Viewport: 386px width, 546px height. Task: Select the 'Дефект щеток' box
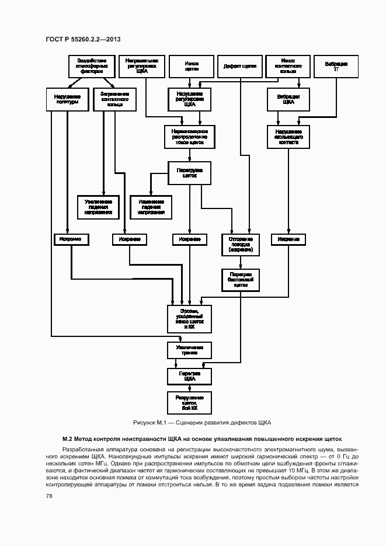(x=240, y=67)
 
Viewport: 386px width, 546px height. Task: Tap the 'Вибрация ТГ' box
(x=336, y=67)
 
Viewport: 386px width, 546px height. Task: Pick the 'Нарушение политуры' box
(x=67, y=99)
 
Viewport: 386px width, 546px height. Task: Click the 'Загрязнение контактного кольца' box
(x=114, y=99)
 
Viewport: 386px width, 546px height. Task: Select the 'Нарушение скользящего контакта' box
(x=288, y=137)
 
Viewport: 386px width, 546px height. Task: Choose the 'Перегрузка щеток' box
(x=190, y=173)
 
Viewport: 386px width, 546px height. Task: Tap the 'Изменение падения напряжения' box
(x=151, y=207)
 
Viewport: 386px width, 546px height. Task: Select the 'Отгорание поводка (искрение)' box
(x=241, y=244)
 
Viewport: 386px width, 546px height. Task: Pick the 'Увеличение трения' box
(x=189, y=350)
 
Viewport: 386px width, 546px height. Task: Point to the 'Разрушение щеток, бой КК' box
(x=189, y=402)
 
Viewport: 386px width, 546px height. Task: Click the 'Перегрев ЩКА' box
(x=189, y=376)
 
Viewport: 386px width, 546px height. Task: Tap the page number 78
(x=50, y=496)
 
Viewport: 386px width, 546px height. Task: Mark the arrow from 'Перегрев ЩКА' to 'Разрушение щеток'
(x=189, y=388)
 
